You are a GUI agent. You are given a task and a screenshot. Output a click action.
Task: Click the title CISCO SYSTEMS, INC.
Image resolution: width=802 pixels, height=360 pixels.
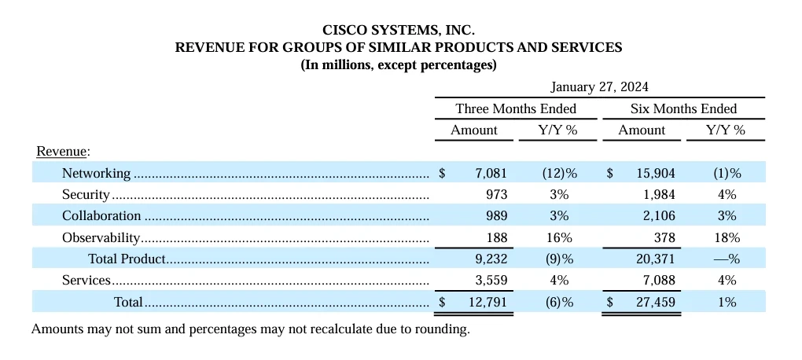398,30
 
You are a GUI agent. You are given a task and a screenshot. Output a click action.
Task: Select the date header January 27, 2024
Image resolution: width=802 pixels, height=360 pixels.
599,86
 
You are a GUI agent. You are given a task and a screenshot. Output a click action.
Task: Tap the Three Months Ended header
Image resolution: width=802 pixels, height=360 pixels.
516,108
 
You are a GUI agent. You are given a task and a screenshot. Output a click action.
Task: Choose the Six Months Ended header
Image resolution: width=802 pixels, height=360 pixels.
683,108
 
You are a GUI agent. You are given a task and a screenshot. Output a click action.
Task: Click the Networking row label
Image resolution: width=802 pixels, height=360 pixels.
97,173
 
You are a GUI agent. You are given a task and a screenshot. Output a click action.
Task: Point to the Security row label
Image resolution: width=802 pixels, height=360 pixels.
86,194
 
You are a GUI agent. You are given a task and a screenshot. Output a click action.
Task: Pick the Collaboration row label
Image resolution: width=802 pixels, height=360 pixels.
101,215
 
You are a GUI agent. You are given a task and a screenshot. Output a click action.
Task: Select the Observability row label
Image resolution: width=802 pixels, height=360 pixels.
101,237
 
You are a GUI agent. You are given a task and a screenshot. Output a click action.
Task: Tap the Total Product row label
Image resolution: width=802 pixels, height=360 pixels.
127,259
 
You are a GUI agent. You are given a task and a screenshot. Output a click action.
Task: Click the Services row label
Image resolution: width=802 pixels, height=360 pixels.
86,280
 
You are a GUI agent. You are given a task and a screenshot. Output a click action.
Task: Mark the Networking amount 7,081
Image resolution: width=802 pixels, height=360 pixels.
491,173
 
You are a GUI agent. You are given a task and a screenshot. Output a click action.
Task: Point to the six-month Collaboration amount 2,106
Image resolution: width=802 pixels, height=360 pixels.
658,215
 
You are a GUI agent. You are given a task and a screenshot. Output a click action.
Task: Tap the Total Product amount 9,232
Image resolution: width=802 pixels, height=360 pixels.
491,259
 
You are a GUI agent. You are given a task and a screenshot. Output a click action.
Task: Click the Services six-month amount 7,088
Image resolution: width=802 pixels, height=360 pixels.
658,280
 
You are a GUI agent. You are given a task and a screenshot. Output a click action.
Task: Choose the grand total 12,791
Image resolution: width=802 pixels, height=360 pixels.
488,301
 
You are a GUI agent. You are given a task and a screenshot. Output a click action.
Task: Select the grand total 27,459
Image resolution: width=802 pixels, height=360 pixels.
655,301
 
